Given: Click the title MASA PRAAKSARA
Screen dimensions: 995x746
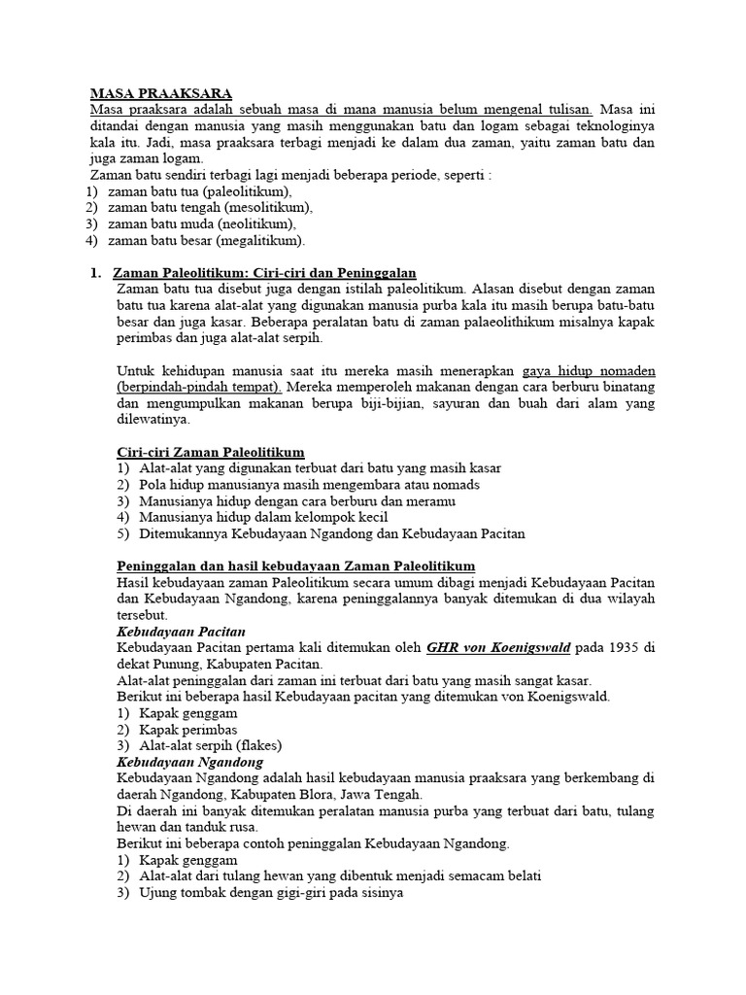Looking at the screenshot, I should click(x=160, y=93).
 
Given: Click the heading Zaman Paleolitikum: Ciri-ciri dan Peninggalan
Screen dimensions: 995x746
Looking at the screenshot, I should click(x=265, y=273).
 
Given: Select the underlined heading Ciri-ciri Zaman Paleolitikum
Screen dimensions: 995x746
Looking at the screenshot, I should click(x=210, y=452).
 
